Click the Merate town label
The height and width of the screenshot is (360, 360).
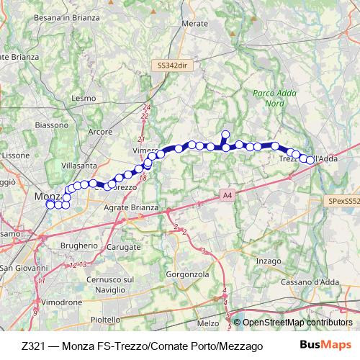(195, 24)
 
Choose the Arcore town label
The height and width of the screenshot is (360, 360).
(98, 132)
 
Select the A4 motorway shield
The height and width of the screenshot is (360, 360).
(227, 194)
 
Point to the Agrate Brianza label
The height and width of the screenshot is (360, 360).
(130, 207)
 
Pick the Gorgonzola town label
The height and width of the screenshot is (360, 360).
(186, 274)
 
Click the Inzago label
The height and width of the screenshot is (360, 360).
(268, 260)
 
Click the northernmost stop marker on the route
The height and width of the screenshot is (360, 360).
(225, 134)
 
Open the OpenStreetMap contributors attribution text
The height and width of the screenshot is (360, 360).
(297, 323)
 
